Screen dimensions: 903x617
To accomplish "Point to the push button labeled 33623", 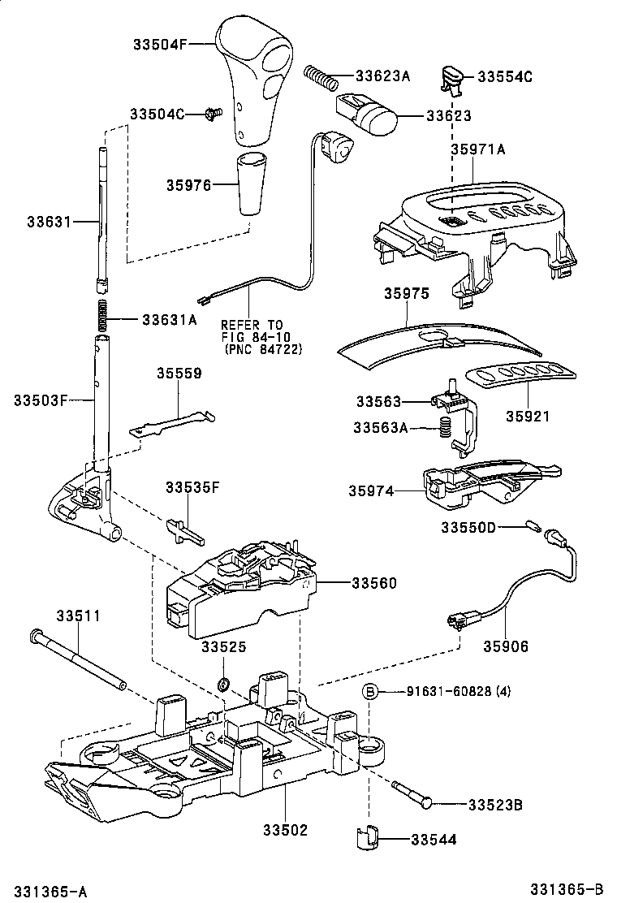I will tap(370, 115).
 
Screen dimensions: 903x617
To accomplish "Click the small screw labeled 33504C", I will tap(214, 114).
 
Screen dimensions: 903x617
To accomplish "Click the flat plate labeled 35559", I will tap(173, 424).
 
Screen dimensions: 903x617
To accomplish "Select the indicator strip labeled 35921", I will tap(520, 378).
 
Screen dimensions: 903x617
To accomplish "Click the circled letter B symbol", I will tap(369, 691).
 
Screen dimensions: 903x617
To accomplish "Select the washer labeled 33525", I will tap(223, 679).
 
